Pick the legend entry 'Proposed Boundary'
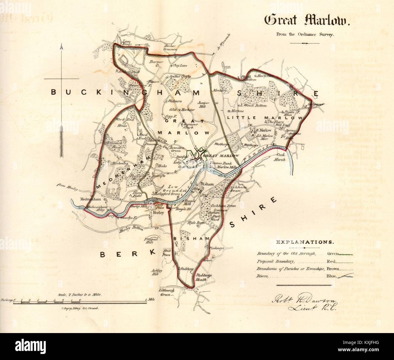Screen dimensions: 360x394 point(275,261)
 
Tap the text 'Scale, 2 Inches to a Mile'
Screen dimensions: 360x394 point(80,294)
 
